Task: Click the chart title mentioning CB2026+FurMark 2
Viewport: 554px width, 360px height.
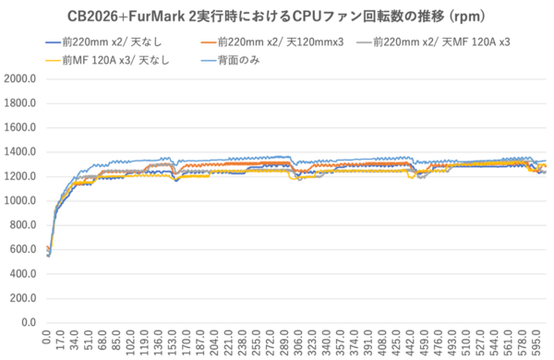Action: tap(276, 17)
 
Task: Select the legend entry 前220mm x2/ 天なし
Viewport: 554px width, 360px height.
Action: tap(103, 42)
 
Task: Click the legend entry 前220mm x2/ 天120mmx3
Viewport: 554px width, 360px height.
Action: tap(272, 42)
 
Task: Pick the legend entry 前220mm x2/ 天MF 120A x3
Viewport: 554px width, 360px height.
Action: tap(433, 42)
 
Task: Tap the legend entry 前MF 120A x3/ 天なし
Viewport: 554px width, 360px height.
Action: tap(108, 60)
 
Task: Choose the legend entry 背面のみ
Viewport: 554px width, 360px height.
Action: tap(230, 60)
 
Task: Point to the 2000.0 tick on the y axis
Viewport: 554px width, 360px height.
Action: tap(19, 78)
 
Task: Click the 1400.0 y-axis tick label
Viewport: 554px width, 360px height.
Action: tap(19, 152)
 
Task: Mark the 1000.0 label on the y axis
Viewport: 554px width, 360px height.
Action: tap(19, 200)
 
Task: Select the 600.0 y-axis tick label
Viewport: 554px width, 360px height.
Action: tap(22, 249)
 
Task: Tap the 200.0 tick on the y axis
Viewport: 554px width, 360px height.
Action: tap(22, 298)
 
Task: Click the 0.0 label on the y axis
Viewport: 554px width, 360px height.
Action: tap(29, 322)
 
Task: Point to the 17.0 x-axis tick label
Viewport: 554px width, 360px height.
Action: tap(60, 341)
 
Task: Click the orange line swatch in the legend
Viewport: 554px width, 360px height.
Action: tap(209, 42)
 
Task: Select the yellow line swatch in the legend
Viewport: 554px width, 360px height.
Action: tap(54, 61)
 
